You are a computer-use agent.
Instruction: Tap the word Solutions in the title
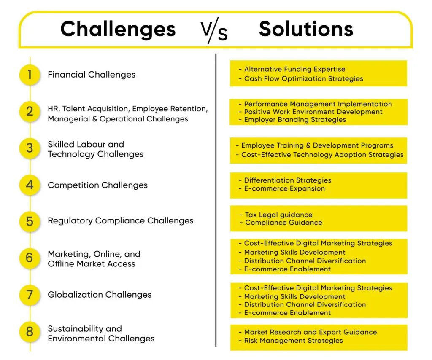pyautogui.click(x=306, y=29)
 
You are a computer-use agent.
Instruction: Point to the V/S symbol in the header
pyautogui.click(x=214, y=30)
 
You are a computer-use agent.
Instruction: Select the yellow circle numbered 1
pyautogui.click(x=30, y=75)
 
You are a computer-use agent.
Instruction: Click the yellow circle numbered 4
pyautogui.click(x=30, y=185)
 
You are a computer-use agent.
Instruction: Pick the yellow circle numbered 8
pyautogui.click(x=30, y=332)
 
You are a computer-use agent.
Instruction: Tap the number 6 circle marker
pyautogui.click(x=30, y=258)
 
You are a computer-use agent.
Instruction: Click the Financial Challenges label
pyautogui.click(x=92, y=75)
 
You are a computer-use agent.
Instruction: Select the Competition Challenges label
pyautogui.click(x=97, y=185)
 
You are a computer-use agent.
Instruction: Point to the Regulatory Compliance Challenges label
pyautogui.click(x=120, y=221)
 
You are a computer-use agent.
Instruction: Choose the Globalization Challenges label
pyautogui.click(x=100, y=295)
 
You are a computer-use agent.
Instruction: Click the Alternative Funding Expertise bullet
pyautogui.click(x=292, y=69)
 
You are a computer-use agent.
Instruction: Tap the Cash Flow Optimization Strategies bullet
pyautogui.click(x=301, y=79)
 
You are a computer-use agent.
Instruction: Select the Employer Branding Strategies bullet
pyautogui.click(x=292, y=120)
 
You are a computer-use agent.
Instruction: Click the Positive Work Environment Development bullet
pyautogui.click(x=310, y=112)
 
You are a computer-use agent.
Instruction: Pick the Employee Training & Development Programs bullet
pyautogui.click(x=314, y=145)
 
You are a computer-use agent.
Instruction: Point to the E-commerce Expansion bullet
pyautogui.click(x=281, y=188)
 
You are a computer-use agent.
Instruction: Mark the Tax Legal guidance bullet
pyautogui.click(x=276, y=215)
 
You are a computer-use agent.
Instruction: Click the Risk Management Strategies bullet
pyautogui.click(x=291, y=341)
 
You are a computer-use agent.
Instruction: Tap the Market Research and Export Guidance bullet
pyautogui.click(x=308, y=332)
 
